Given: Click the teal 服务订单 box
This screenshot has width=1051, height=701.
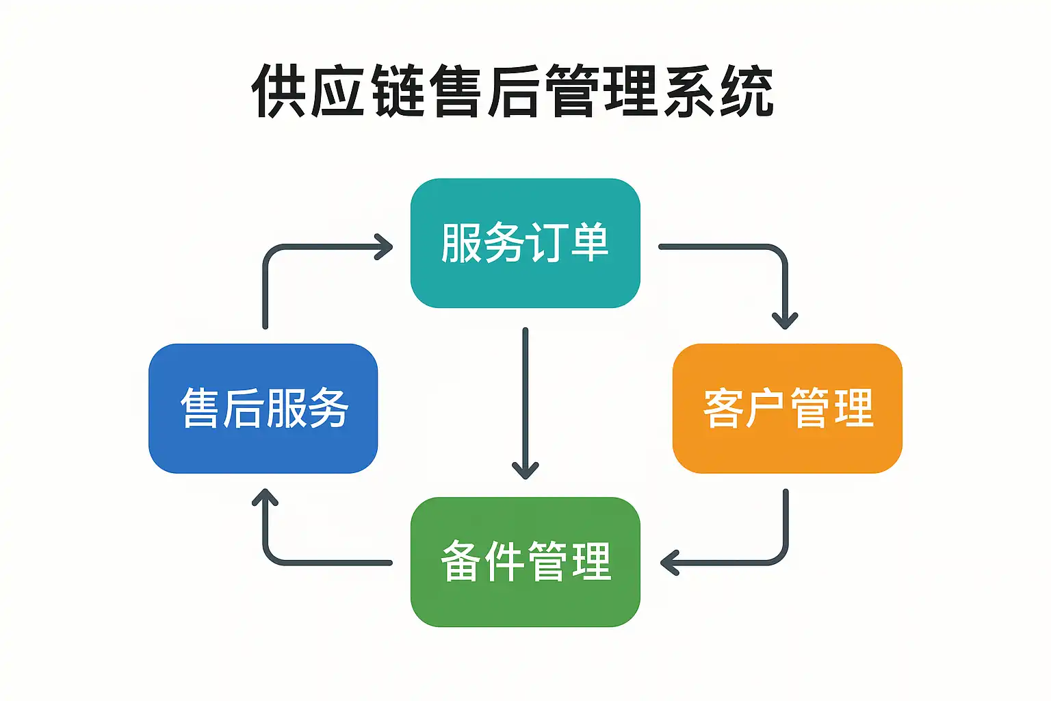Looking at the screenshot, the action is (x=525, y=243).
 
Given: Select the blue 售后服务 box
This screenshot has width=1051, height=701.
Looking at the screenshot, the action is (x=263, y=409).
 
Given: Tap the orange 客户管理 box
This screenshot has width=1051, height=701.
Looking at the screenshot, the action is (x=788, y=409).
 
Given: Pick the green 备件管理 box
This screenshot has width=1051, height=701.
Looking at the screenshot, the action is (x=525, y=562).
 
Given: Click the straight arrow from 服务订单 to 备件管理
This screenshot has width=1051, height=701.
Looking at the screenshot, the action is (x=525, y=403).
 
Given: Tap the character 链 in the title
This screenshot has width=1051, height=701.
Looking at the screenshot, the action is (x=398, y=90).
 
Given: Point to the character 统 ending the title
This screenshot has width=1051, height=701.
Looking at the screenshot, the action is (x=747, y=90).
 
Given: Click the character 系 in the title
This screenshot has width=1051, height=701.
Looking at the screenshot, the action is (x=689, y=90).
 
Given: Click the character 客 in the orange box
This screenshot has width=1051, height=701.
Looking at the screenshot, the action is (x=724, y=408).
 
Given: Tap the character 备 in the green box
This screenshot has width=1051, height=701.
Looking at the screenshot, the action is (x=461, y=561).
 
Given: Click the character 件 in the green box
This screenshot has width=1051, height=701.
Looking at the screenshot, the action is (x=504, y=561).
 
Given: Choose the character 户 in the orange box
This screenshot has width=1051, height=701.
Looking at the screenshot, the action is (x=766, y=408).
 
